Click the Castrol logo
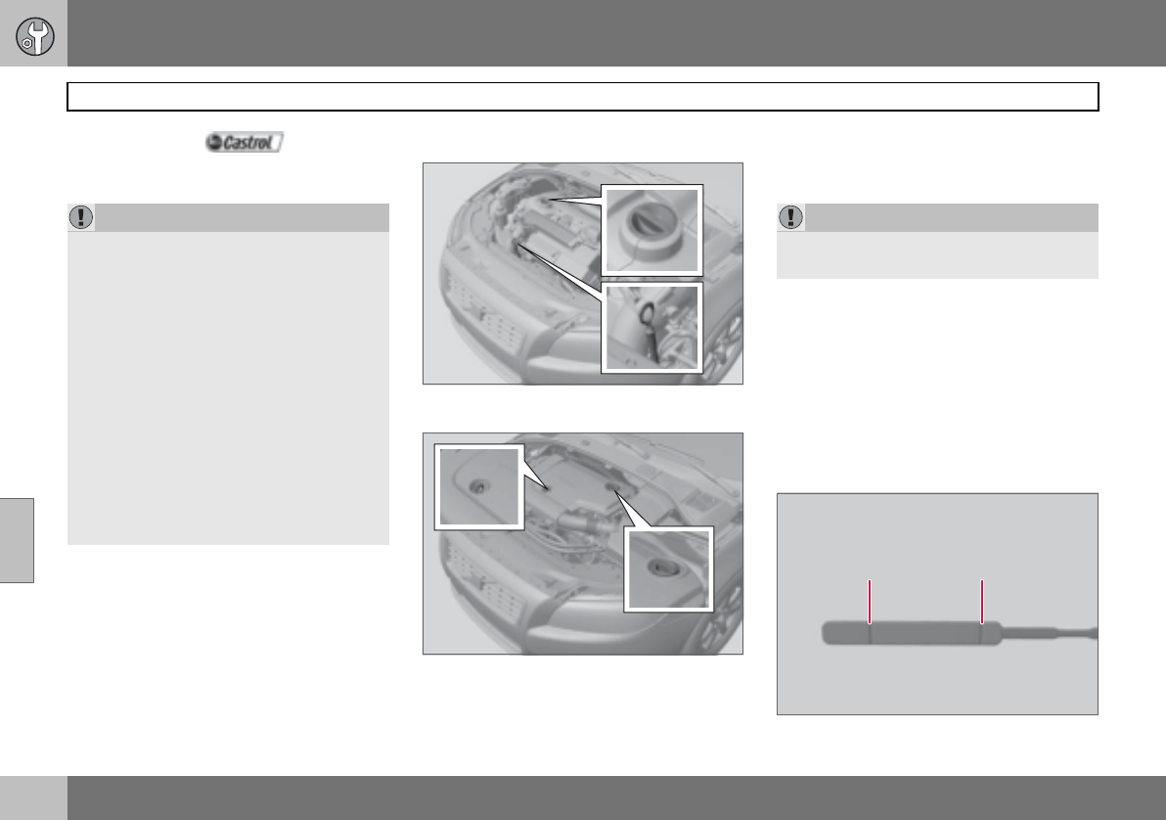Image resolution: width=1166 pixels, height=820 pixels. click(x=244, y=142)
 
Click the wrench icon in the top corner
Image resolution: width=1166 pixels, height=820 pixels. click(x=34, y=36)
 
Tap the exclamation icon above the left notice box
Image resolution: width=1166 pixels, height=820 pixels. click(x=81, y=217)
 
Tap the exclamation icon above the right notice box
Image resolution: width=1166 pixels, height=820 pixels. click(x=790, y=217)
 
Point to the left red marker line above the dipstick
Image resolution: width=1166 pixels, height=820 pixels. click(x=870, y=601)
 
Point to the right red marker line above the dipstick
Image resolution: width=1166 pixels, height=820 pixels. click(x=982, y=601)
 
